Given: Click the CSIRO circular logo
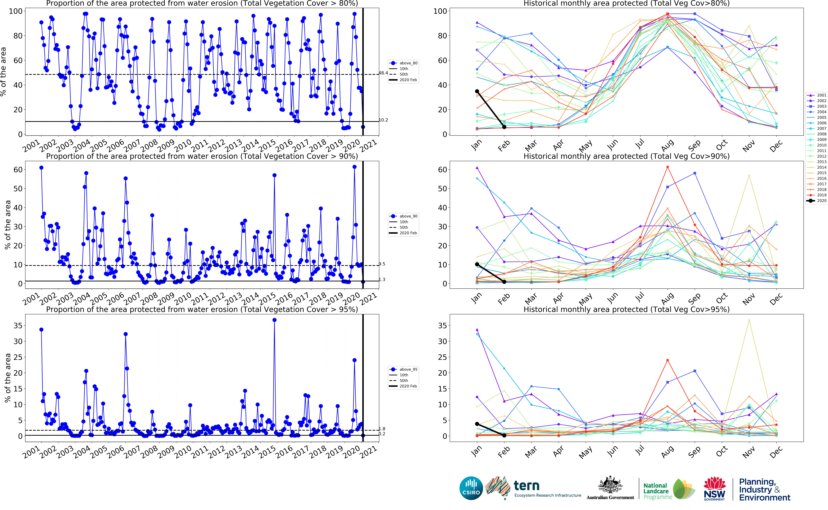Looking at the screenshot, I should pos(471,488).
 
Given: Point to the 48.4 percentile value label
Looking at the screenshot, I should pos(383,73).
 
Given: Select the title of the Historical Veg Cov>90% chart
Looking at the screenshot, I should pos(626,156).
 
